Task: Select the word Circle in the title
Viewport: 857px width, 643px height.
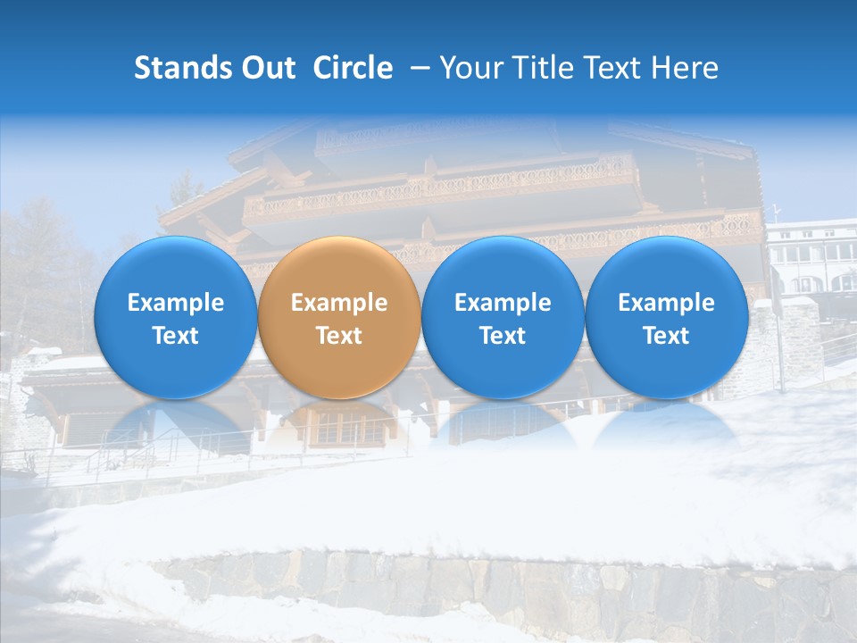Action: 353,68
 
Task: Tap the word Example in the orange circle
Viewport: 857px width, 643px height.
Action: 339,303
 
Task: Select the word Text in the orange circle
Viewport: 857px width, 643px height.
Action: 339,336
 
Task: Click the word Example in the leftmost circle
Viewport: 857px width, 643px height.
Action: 176,303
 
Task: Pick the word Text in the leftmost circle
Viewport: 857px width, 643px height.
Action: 176,336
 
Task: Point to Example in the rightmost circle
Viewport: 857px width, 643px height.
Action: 667,303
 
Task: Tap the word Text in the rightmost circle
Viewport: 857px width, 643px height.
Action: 667,336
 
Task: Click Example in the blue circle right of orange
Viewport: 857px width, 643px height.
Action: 503,303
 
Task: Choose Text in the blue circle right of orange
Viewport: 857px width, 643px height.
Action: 503,336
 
